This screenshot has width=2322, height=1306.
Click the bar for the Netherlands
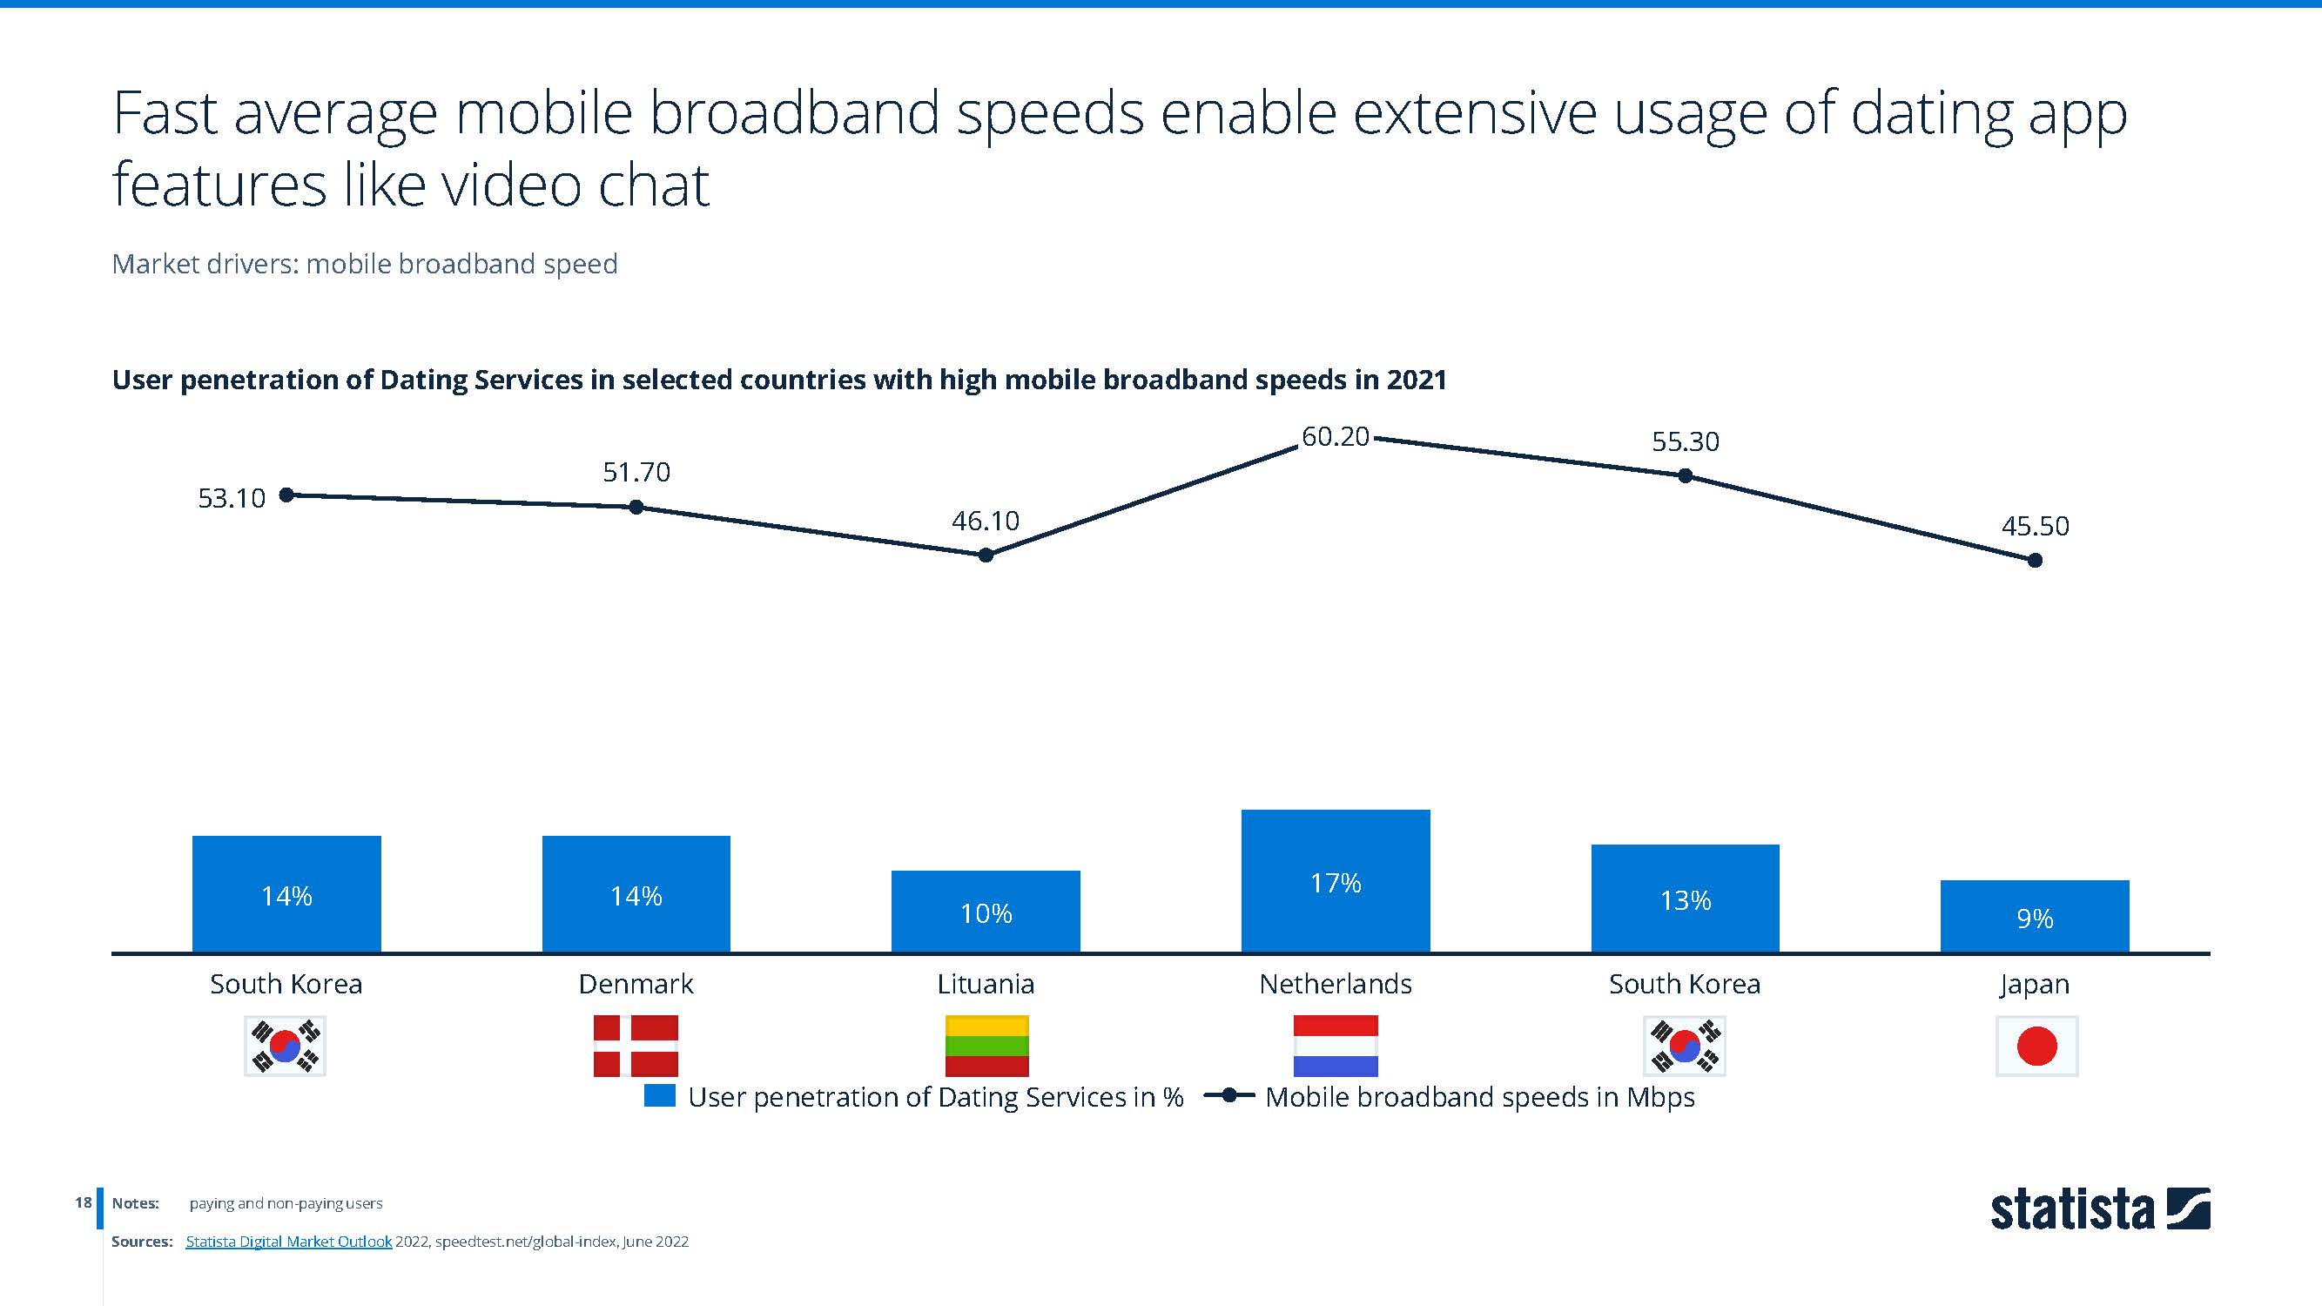[x=1335, y=880]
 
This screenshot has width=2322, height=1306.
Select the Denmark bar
[x=636, y=893]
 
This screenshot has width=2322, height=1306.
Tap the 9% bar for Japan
[x=2035, y=916]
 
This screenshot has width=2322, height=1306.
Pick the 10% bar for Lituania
[x=986, y=912]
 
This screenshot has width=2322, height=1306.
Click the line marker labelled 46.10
[x=986, y=555]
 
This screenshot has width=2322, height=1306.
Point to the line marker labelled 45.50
[x=2035, y=561]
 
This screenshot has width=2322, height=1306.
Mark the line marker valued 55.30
[x=1685, y=476]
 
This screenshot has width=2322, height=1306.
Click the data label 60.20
[x=1335, y=437]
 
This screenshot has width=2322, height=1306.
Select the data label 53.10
[x=232, y=498]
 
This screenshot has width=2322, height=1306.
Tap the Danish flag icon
[x=636, y=1046]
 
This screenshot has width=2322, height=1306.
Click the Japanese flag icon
[x=2036, y=1047]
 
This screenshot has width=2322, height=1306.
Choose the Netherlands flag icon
[x=1335, y=1046]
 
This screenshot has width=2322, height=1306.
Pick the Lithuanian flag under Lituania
[x=986, y=1046]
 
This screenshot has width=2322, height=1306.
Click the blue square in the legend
[x=660, y=1096]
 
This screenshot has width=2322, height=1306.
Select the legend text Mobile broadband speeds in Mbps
[x=1479, y=1097]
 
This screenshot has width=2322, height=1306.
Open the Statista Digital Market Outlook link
[x=288, y=1241]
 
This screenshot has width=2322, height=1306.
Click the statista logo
[x=2099, y=1208]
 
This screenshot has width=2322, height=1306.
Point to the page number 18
[x=83, y=1202]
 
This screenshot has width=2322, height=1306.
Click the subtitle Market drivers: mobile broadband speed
[x=364, y=264]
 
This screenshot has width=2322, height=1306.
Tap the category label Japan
[x=2035, y=983]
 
